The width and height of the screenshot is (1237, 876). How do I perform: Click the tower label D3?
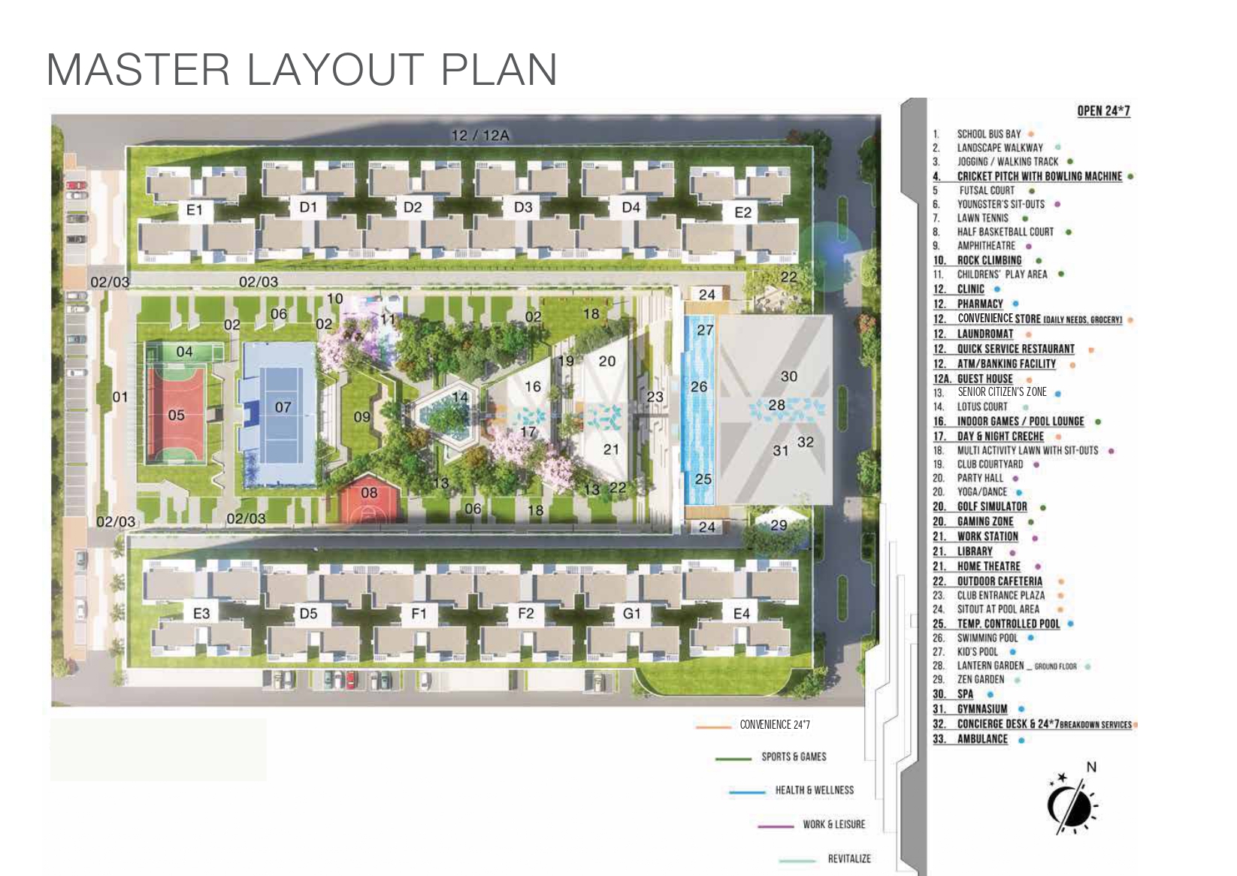(x=523, y=207)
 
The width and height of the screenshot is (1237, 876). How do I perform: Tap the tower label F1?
(x=419, y=613)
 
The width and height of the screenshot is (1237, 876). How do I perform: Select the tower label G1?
(x=631, y=613)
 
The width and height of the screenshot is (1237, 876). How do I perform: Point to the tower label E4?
(x=741, y=613)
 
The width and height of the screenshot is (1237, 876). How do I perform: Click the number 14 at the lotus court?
(x=459, y=397)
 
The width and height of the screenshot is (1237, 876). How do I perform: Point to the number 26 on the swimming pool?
(x=699, y=386)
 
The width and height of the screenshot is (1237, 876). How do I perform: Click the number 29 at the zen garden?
(x=778, y=524)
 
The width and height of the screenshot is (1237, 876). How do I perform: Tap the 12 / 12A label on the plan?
(x=480, y=135)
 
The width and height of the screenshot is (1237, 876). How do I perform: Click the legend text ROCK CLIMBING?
(x=989, y=260)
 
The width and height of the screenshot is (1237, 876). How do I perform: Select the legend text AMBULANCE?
(x=982, y=739)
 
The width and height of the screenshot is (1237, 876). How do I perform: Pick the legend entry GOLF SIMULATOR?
(x=992, y=506)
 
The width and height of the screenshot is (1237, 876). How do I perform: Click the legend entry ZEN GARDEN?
(x=981, y=679)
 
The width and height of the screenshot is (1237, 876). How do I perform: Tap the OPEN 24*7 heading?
(x=1103, y=111)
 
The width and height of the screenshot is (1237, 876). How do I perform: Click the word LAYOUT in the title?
(x=334, y=70)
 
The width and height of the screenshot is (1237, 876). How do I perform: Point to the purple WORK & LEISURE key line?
(x=776, y=826)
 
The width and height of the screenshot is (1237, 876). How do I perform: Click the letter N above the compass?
(x=1091, y=767)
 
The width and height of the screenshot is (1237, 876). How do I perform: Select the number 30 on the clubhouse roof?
(x=788, y=376)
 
